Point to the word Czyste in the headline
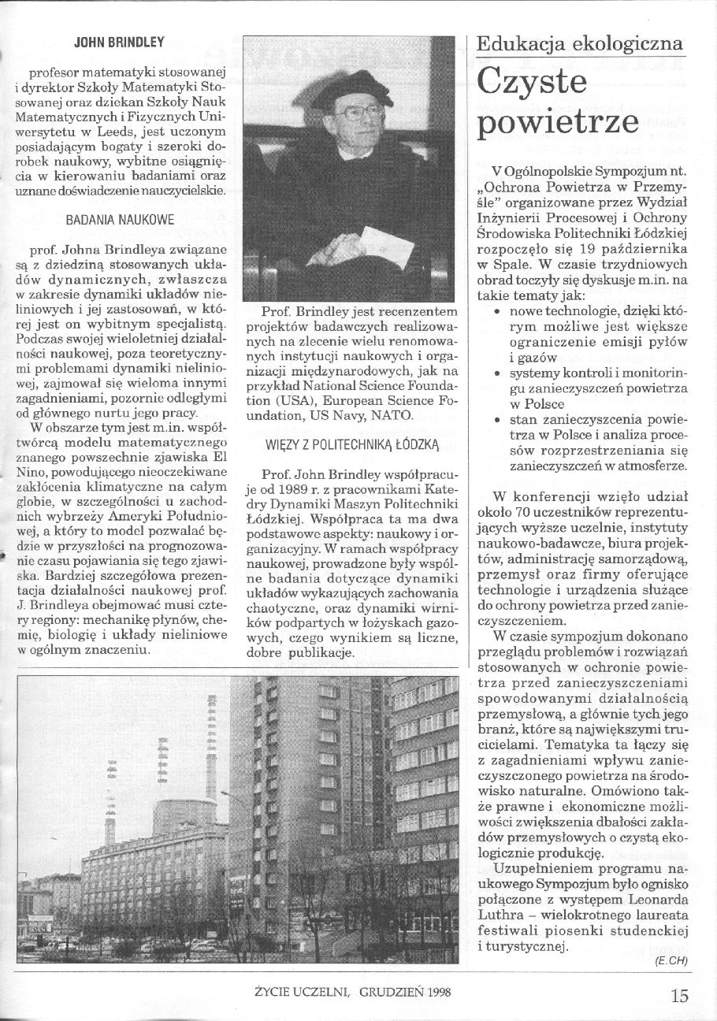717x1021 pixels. [x=537, y=83]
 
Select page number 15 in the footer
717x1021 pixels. [x=680, y=995]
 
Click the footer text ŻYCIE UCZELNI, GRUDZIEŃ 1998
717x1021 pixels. [x=359, y=993]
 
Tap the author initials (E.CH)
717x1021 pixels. [x=670, y=962]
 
